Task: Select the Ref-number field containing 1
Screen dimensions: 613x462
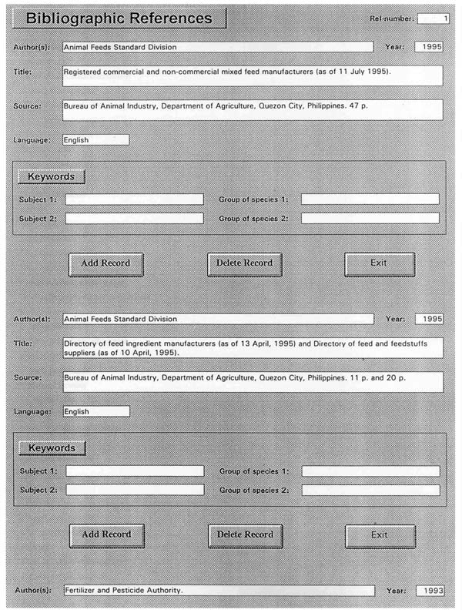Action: click(x=434, y=17)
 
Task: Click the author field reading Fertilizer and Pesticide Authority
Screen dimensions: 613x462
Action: click(x=217, y=591)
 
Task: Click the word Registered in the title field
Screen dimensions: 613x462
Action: click(x=85, y=72)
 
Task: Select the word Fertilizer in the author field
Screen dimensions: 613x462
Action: click(x=82, y=591)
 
